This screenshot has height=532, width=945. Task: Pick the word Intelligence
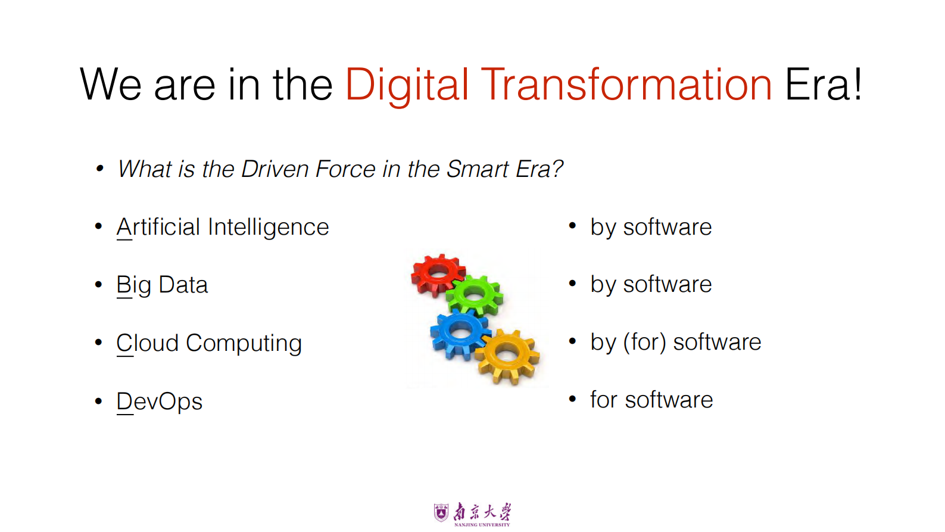[269, 228]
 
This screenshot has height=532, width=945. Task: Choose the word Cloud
[148, 343]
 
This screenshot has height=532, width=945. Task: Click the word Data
[183, 285]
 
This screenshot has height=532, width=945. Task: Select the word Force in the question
[345, 169]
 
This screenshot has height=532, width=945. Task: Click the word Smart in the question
[477, 169]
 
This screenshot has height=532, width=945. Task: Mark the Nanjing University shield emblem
[441, 512]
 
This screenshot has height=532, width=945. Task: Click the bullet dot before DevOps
[99, 401]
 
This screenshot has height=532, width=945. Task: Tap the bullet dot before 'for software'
[572, 399]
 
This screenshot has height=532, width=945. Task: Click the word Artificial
[158, 227]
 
